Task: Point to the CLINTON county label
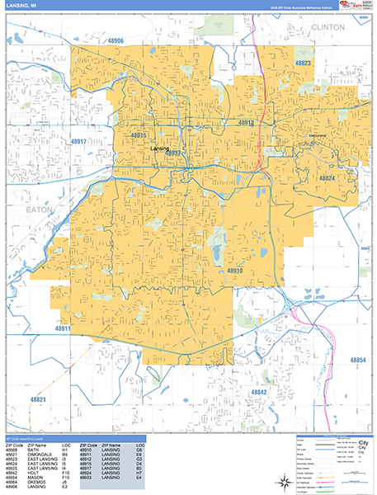328,27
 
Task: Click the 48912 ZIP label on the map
245,122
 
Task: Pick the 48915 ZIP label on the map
138,135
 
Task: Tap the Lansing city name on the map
159,148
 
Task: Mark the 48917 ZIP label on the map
78,142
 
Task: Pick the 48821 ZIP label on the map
37,398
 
